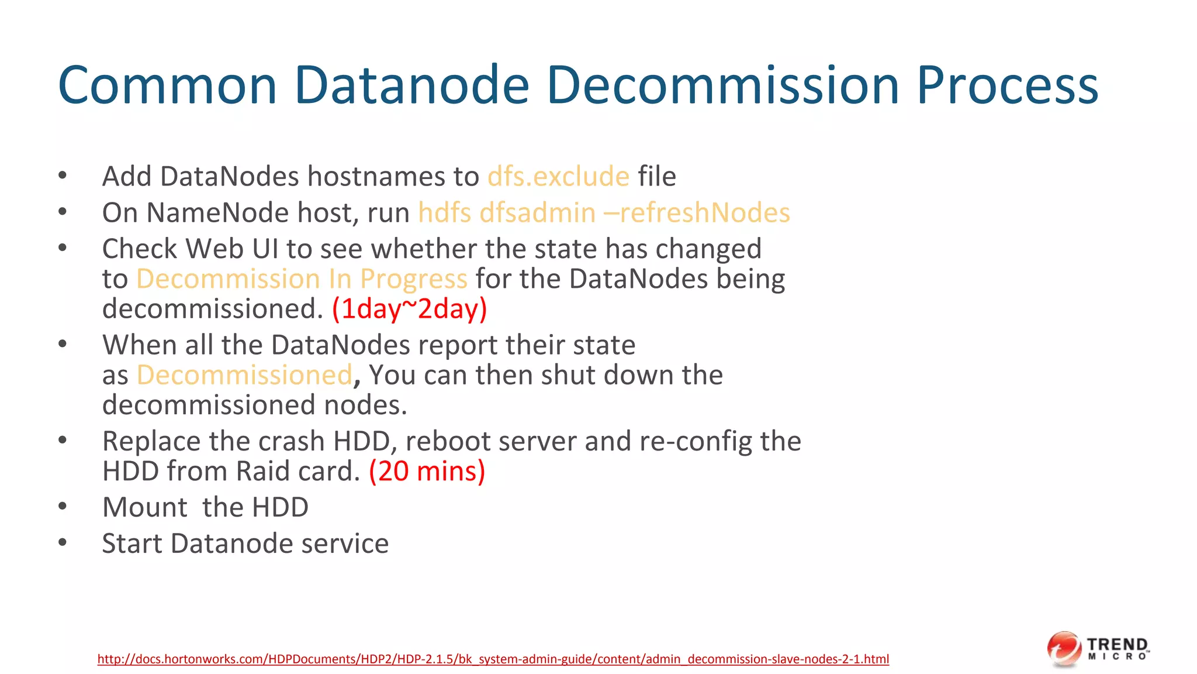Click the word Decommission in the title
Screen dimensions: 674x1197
click(x=722, y=85)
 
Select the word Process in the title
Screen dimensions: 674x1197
click(x=1007, y=85)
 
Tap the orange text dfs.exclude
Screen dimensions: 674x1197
click(x=558, y=176)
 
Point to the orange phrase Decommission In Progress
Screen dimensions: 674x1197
click(x=302, y=279)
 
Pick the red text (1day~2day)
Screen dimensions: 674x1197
click(x=409, y=309)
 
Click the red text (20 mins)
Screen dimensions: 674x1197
click(x=427, y=471)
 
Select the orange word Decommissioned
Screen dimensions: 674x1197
click(x=244, y=375)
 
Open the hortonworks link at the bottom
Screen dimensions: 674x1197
click(x=493, y=659)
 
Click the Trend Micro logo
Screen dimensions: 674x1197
click(x=1098, y=649)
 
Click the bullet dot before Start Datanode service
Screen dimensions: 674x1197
click(x=63, y=542)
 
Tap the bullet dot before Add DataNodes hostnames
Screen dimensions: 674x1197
click(x=63, y=176)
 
